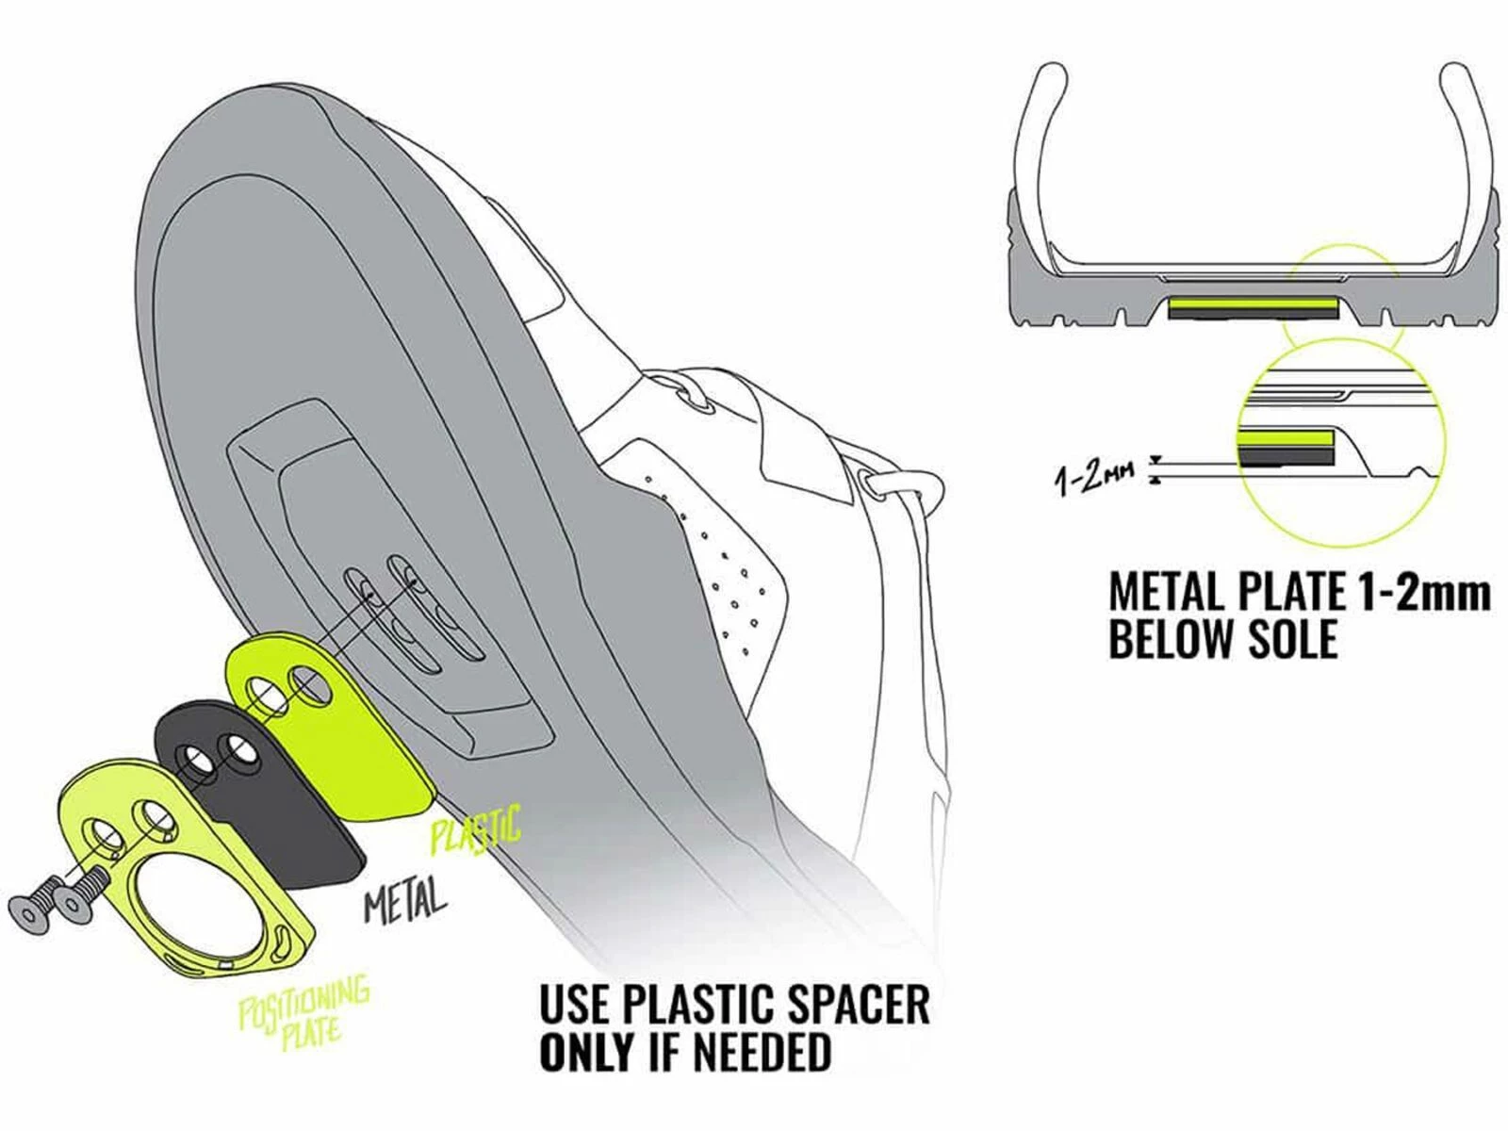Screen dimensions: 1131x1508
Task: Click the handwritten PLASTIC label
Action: click(475, 829)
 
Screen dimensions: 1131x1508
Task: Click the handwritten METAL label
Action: click(405, 901)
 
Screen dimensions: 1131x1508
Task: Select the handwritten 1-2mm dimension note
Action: click(1093, 475)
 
